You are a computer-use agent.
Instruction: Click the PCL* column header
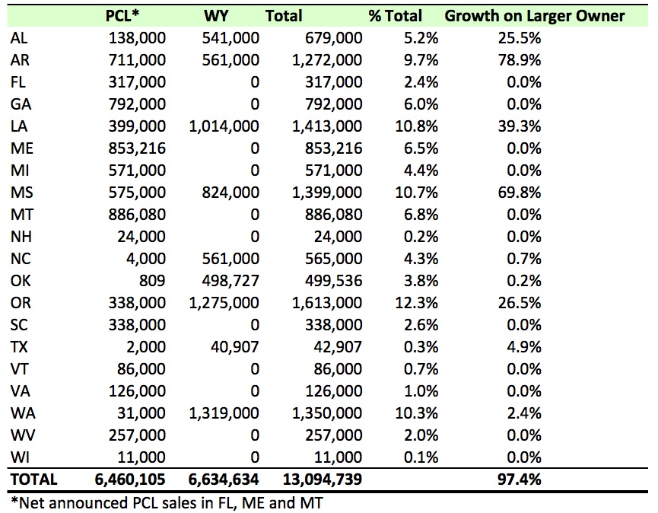[x=125, y=15]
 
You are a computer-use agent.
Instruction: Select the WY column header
[x=217, y=15]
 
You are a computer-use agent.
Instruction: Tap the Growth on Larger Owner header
[x=535, y=15]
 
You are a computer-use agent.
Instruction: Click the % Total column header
[x=396, y=15]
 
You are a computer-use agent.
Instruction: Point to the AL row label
[x=18, y=37]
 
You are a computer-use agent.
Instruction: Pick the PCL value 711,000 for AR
[x=137, y=59]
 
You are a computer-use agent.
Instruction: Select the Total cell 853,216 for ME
[x=333, y=148]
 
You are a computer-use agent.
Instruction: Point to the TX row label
[x=18, y=346]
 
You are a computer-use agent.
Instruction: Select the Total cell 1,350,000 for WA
[x=327, y=413]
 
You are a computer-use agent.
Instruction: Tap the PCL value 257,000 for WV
[x=137, y=435]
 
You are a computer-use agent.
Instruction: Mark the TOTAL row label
[x=33, y=480]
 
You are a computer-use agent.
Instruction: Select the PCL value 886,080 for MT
[x=137, y=214]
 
